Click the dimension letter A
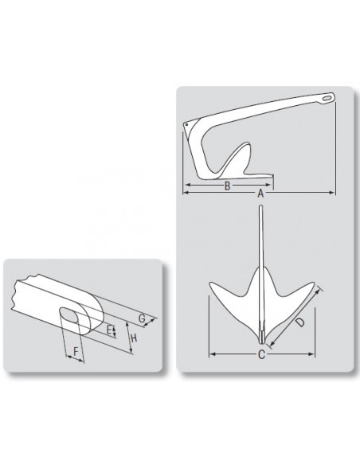pyautogui.click(x=260, y=193)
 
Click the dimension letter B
pyautogui.click(x=227, y=186)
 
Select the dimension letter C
pyautogui.click(x=261, y=354)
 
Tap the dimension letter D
pyautogui.click(x=300, y=322)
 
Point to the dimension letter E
pyautogui.click(x=110, y=330)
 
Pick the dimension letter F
pyautogui.click(x=76, y=352)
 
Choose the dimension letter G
pyautogui.click(x=142, y=318)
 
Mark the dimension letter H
pyautogui.click(x=134, y=338)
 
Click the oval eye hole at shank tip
pyautogui.click(x=327, y=98)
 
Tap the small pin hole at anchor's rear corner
pyautogui.click(x=186, y=125)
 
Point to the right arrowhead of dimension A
pyautogui.click(x=332, y=193)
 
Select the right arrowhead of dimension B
pyautogui.click(x=268, y=185)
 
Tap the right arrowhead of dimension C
pyautogui.click(x=311, y=354)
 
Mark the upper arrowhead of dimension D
pyautogui.click(x=319, y=291)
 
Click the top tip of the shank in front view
pyautogui.click(x=260, y=206)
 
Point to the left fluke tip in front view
pyautogui.click(x=210, y=283)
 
